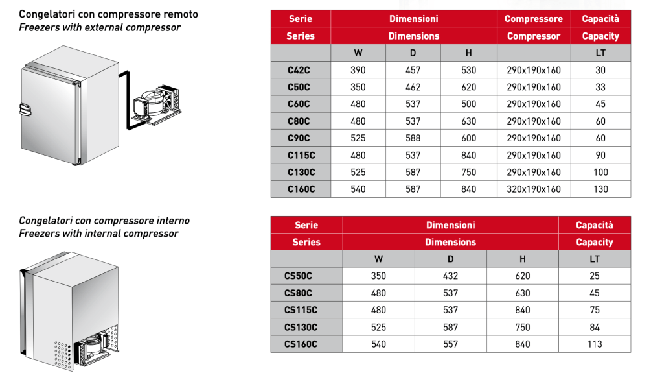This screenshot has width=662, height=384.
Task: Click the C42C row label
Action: coord(300,70)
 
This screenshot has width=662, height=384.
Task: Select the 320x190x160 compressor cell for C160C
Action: coord(534,189)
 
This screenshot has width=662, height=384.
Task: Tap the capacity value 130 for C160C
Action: coord(600,189)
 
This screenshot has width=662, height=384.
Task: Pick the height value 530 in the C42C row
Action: coord(468,70)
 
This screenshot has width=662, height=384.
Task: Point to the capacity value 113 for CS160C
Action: coord(594,344)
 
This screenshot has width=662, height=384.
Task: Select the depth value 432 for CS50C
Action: coord(451,276)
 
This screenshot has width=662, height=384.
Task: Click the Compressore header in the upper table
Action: coord(534,19)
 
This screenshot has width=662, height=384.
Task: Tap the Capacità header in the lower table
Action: coord(594,225)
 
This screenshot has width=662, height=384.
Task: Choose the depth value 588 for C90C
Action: coord(413,138)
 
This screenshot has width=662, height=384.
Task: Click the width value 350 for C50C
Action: coord(358,87)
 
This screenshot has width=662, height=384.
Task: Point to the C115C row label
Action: coord(300,156)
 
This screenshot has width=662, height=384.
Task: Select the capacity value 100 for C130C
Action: coord(600,173)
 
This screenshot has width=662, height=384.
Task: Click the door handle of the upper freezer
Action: coord(25,110)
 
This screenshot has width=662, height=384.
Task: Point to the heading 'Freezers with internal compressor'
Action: coord(98,234)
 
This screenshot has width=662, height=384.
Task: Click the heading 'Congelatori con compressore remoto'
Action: coord(108,14)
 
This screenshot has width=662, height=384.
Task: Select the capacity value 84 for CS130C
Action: coord(594,328)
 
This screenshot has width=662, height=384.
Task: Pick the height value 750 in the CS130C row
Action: coord(522,328)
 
